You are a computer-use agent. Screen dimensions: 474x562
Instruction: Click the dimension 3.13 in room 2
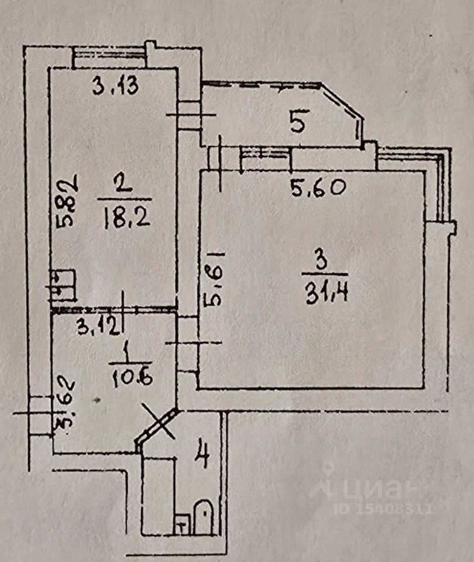coord(115,87)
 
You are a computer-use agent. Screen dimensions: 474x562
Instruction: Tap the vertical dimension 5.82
coord(67,201)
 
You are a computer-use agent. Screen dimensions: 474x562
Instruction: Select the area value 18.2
coord(126,217)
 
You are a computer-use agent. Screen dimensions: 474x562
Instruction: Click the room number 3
coord(321,263)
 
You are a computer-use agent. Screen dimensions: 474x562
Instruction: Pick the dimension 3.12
coord(99,325)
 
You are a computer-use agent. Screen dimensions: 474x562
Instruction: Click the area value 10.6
coord(132,378)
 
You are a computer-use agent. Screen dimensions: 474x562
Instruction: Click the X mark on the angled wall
coord(158,420)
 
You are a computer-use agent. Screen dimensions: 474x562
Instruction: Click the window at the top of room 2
coord(109,56)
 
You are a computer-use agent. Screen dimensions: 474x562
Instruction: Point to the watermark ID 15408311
coord(383,509)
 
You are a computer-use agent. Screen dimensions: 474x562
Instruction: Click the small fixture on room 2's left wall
coord(63,285)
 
